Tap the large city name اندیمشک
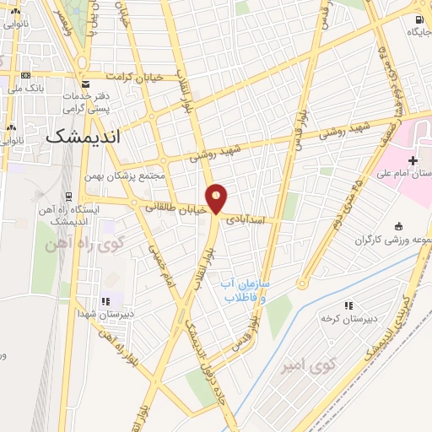(x=94, y=135)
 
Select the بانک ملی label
(x=24, y=88)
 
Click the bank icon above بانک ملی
(x=25, y=75)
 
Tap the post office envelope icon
(x=86, y=84)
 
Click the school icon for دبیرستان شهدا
(x=105, y=300)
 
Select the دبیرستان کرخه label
(x=347, y=319)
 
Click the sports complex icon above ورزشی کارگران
(x=397, y=225)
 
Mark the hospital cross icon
(x=412, y=160)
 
